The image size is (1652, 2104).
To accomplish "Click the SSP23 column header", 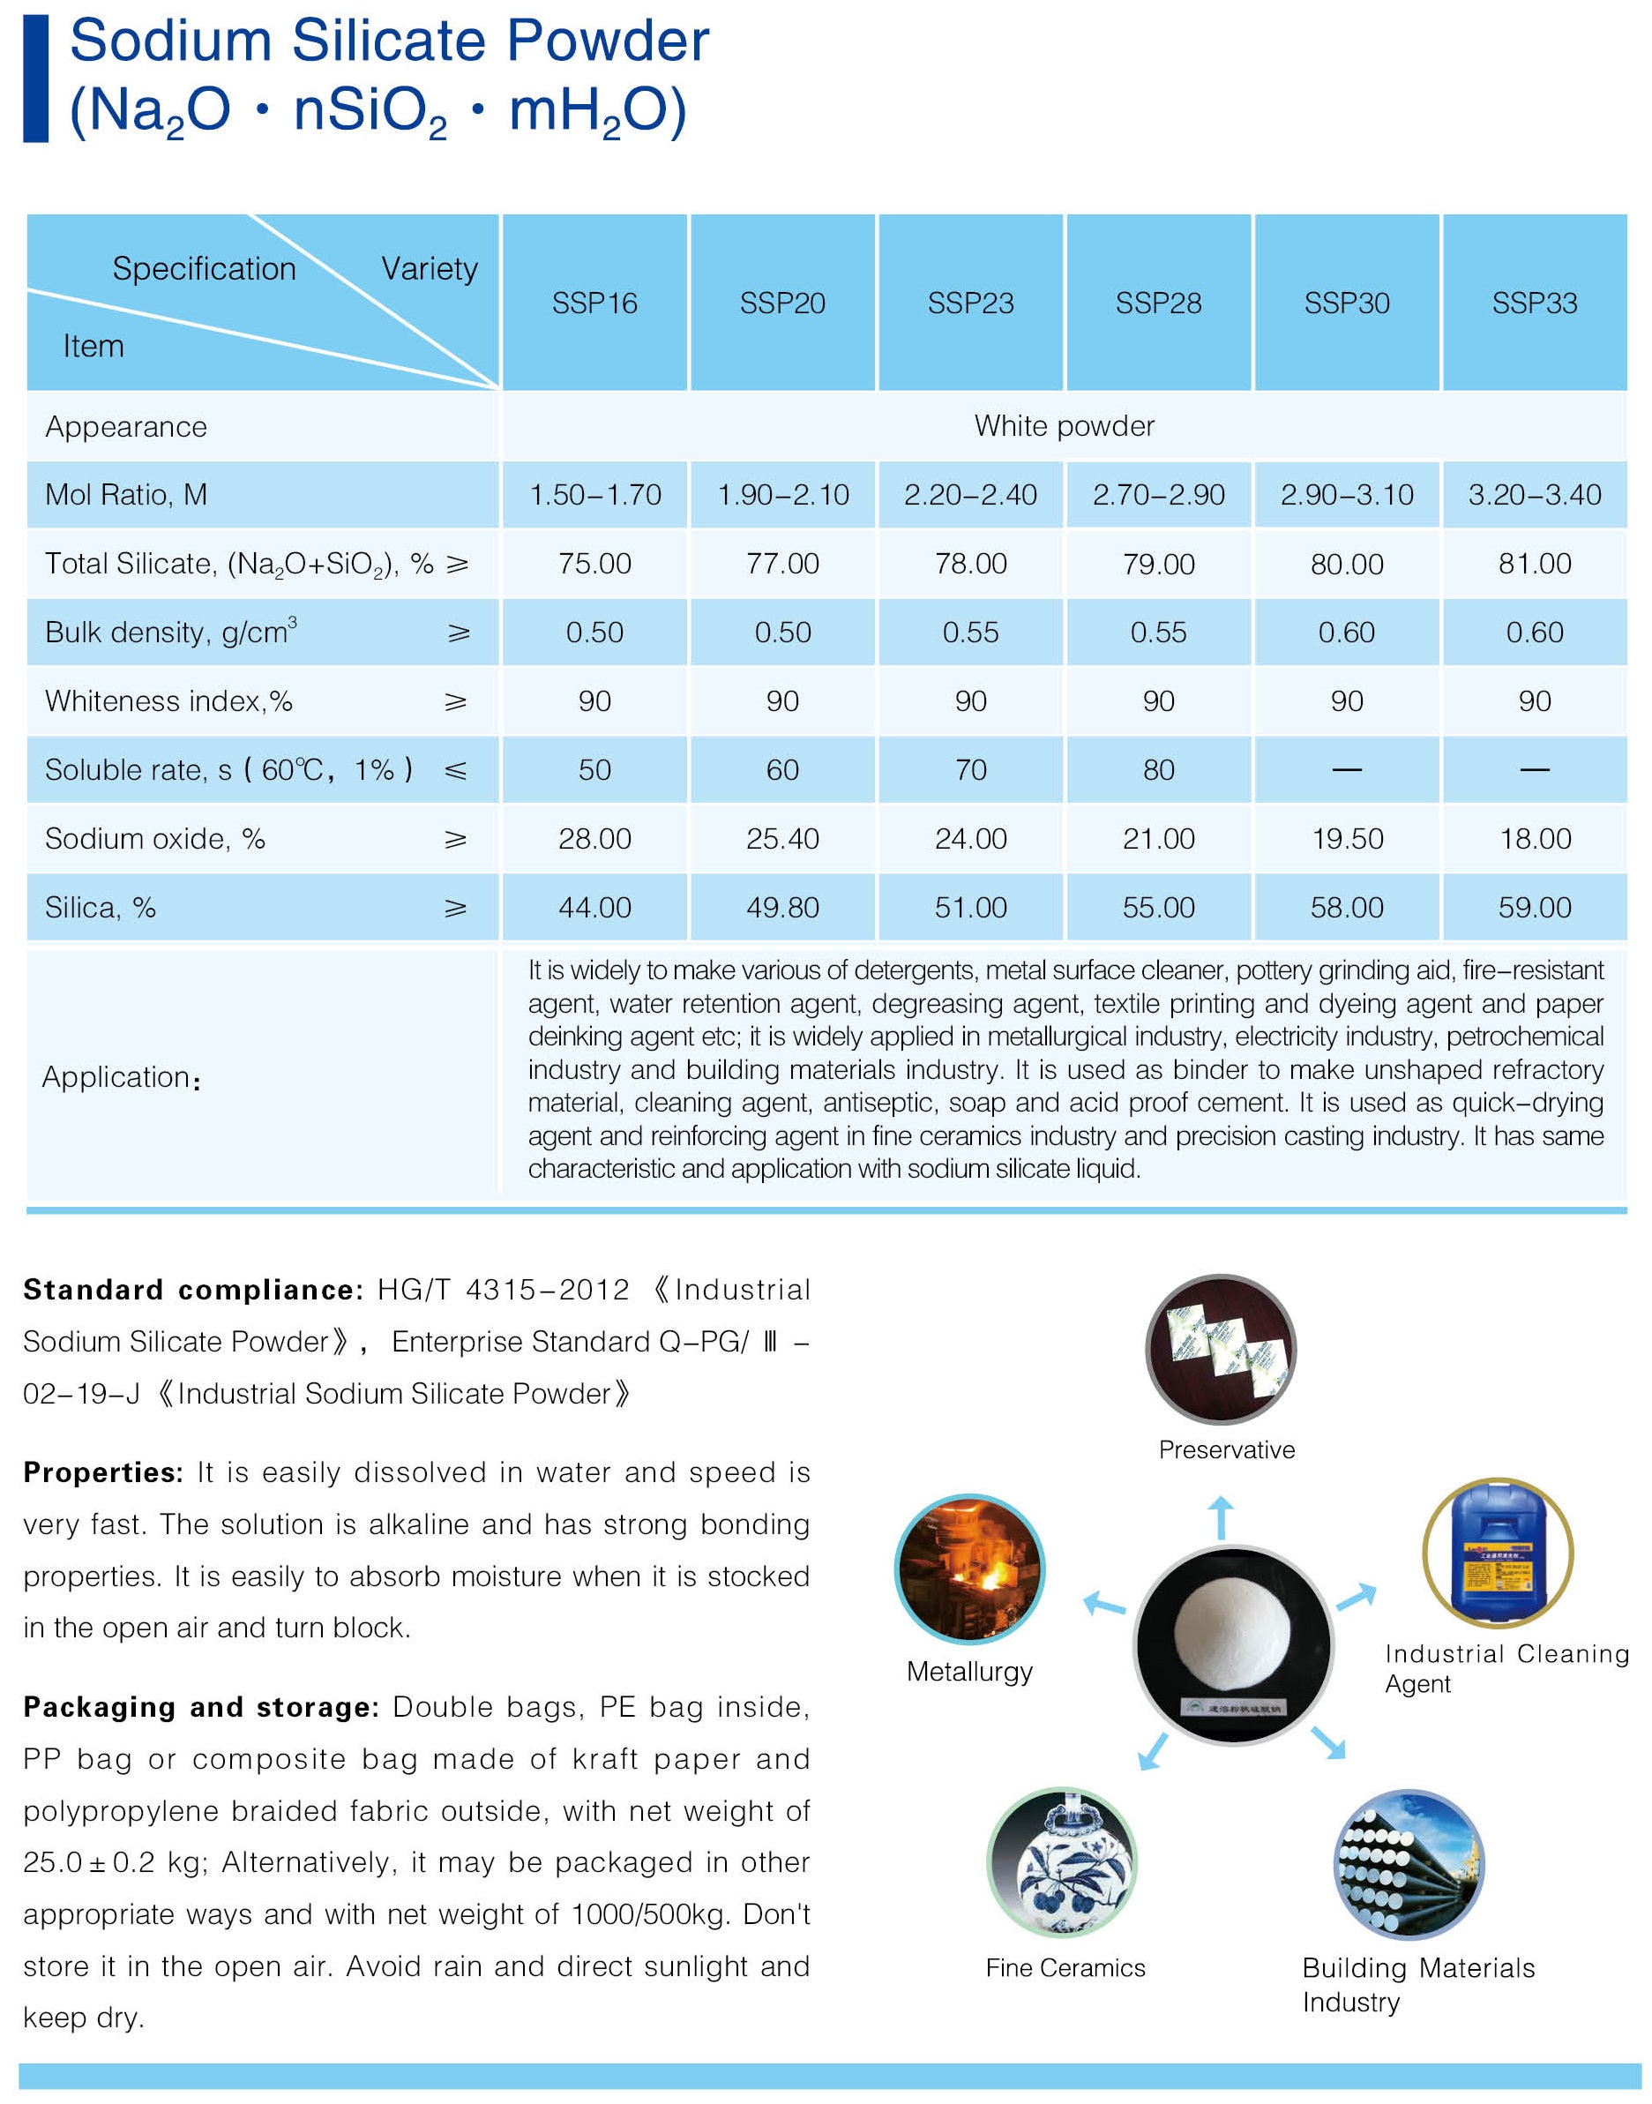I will [x=970, y=303].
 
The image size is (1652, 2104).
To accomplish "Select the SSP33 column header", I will [x=1534, y=303].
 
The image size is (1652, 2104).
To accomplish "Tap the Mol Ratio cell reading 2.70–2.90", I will [x=1158, y=495].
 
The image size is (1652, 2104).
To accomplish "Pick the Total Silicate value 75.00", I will [x=594, y=564].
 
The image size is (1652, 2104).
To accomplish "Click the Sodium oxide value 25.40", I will [x=782, y=839].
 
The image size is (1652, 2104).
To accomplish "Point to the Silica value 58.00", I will [x=1346, y=908].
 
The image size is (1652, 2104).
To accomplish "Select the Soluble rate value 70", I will [x=970, y=770].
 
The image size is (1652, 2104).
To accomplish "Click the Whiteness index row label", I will [x=168, y=701].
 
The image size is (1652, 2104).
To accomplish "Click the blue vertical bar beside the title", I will [x=36, y=79].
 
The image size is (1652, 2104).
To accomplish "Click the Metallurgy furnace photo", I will [x=969, y=1569].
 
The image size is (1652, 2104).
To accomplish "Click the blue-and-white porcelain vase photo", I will [x=1062, y=1863].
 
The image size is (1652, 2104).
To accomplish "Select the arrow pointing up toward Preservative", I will [x=1221, y=1516].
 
